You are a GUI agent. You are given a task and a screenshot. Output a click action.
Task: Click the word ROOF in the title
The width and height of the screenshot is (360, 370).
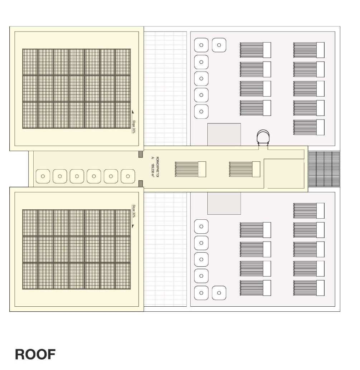click(35, 354)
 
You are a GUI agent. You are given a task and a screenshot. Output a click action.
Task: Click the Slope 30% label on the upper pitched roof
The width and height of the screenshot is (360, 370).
click(133, 126)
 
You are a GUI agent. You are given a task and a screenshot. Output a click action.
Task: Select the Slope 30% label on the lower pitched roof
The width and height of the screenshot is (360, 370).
click(133, 211)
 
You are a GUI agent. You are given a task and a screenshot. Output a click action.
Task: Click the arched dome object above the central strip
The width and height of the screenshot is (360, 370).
click(263, 137)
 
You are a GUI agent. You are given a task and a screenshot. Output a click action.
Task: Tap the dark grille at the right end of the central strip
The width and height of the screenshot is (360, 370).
click(324, 169)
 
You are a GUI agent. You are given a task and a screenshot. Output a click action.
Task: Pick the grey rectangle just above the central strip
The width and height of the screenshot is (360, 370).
click(224, 134)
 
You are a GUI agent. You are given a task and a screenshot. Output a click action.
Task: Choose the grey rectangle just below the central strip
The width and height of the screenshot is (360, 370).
click(224, 203)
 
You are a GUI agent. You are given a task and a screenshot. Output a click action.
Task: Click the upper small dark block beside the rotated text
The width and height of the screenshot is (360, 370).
click(141, 154)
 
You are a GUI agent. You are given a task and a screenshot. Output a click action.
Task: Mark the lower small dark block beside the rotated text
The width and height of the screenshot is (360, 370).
click(141, 184)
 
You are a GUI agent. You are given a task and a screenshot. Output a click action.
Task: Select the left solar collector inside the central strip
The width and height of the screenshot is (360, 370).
click(190, 169)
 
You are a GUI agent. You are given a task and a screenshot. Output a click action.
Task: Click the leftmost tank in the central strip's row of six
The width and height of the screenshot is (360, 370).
click(43, 176)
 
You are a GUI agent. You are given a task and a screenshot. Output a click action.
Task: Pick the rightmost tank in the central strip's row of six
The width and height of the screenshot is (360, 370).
click(128, 176)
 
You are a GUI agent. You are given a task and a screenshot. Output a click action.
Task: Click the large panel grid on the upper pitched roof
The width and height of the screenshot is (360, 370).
click(76, 89)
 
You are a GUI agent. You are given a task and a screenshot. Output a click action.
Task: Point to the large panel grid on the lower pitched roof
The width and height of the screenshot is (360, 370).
click(76, 249)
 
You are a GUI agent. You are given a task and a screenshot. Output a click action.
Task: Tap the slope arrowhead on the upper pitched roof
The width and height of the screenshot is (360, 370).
click(133, 112)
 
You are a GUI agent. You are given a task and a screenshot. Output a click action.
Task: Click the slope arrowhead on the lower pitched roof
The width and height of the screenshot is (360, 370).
click(133, 226)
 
